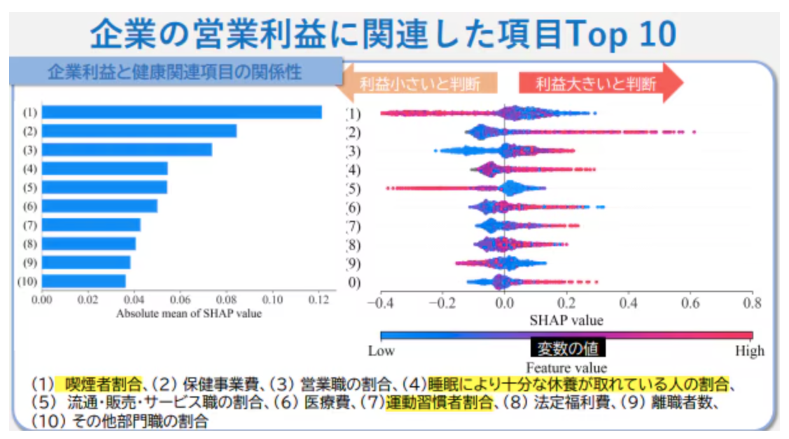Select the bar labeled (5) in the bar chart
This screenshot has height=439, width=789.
click(104, 187)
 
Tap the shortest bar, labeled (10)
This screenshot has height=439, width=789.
click(83, 281)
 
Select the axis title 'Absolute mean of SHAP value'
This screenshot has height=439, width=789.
click(189, 313)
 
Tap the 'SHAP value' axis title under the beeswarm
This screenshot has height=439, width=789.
click(566, 319)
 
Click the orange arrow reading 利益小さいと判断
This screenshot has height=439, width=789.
click(417, 84)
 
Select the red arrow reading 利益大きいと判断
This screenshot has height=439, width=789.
click(598, 83)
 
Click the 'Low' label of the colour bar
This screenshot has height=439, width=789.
click(381, 351)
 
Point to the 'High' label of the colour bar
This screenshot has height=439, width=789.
click(750, 351)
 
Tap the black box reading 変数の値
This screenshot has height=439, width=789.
click(568, 348)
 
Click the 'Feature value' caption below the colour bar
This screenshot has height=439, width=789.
click(566, 368)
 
